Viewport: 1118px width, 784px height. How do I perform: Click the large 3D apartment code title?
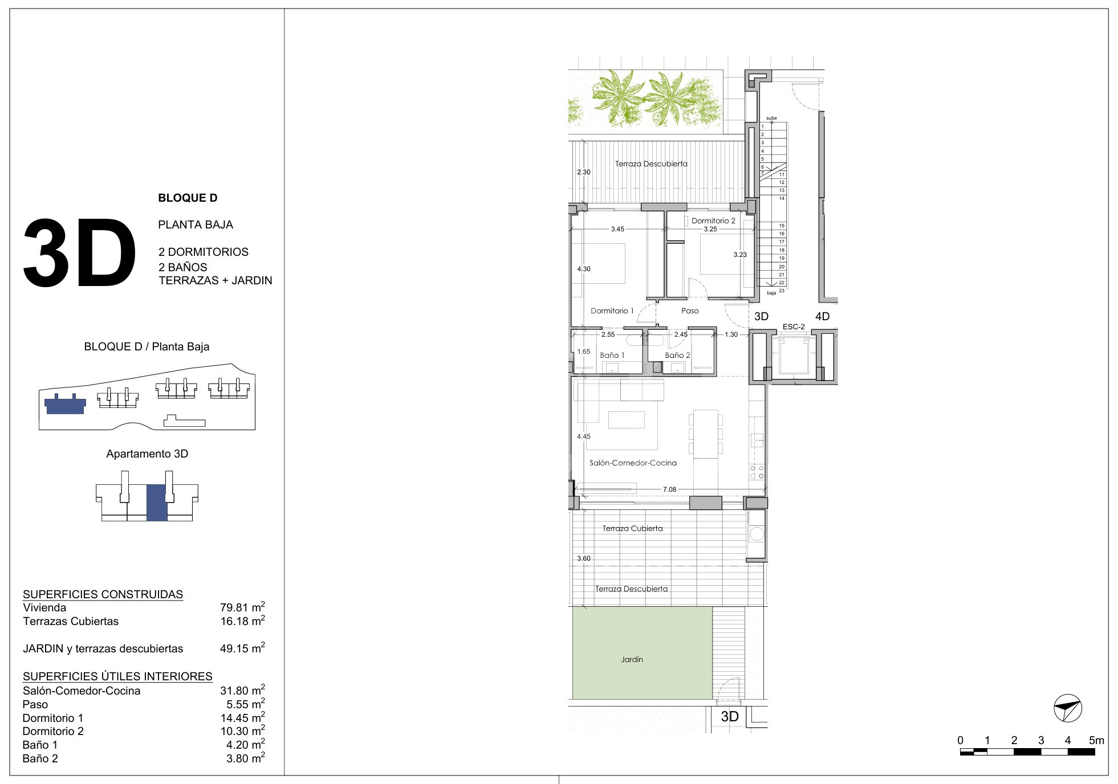[80, 254]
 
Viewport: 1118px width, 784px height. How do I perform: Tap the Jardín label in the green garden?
[632, 660]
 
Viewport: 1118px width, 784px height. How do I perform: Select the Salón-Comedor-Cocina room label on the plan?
[633, 463]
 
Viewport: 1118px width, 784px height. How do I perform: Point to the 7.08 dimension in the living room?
[669, 489]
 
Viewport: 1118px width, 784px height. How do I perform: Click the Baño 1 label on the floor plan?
[612, 356]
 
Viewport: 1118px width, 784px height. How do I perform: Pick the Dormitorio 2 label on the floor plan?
[713, 221]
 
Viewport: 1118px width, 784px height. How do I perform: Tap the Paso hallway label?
[690, 311]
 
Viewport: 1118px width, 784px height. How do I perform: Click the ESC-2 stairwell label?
[794, 327]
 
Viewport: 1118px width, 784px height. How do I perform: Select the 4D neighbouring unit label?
[822, 317]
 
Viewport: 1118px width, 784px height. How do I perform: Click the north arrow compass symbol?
[1068, 708]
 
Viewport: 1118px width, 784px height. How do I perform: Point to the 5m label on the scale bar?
[1096, 741]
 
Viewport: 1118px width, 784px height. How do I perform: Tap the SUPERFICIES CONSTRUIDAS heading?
[103, 594]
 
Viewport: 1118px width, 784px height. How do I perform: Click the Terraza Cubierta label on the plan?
[632, 529]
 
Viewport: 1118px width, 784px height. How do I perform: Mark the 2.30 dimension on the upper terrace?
[584, 172]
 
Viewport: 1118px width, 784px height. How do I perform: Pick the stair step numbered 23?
[782, 291]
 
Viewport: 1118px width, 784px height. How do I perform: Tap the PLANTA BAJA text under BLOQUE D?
[196, 225]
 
